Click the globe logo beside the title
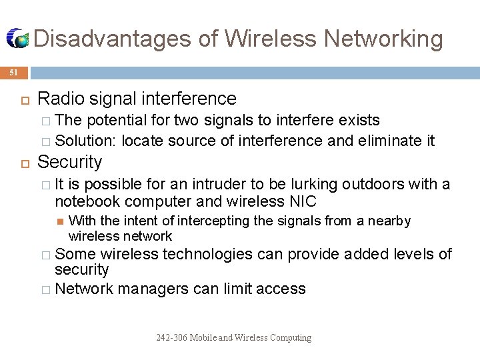[x=18, y=39]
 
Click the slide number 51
[x=14, y=73]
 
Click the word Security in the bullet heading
[x=70, y=162]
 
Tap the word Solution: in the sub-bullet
[x=86, y=141]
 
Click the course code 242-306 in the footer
[x=171, y=337]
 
